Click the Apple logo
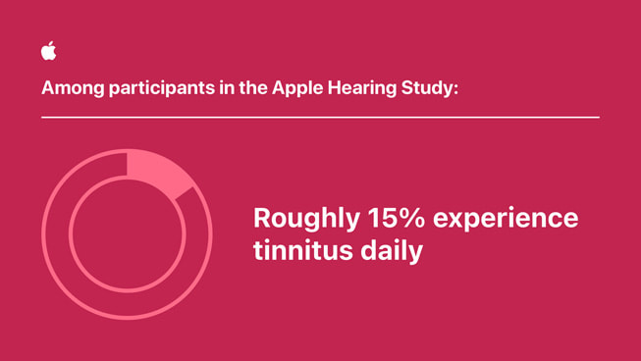[49, 52]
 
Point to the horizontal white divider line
[320, 118]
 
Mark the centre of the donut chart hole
[127, 234]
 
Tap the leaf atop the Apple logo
[51, 44]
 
